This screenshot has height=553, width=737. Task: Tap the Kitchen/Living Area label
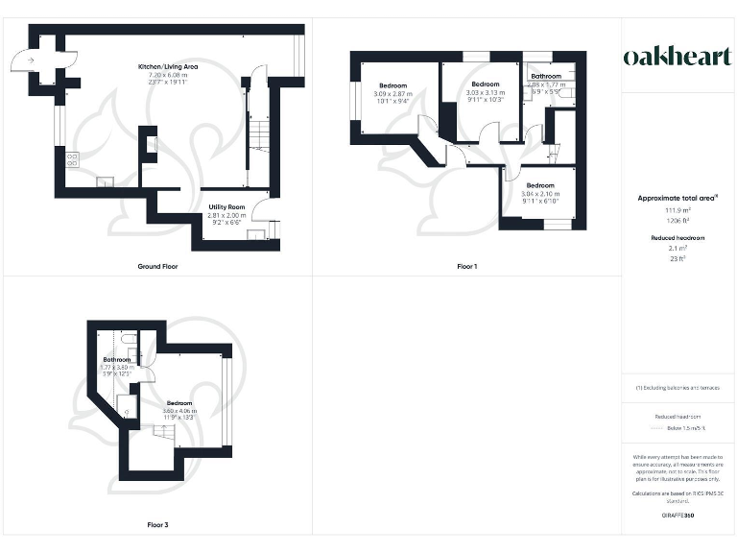(168, 65)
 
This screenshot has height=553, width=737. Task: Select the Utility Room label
(227, 207)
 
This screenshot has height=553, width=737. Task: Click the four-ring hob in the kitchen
(70, 157)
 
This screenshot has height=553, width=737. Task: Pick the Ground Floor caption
(157, 266)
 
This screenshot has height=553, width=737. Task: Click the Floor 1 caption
(466, 266)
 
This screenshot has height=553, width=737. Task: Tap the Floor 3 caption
(158, 525)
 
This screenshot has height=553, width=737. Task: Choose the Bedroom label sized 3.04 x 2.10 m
(539, 185)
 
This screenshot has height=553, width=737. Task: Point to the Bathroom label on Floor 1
(547, 76)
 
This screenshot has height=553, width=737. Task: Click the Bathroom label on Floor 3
(116, 359)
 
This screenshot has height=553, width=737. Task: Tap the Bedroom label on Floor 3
(179, 403)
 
